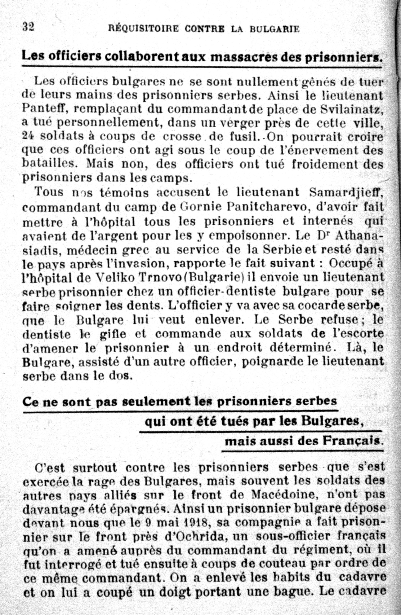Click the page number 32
coord(29,27)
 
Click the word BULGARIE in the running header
coord(274,29)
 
